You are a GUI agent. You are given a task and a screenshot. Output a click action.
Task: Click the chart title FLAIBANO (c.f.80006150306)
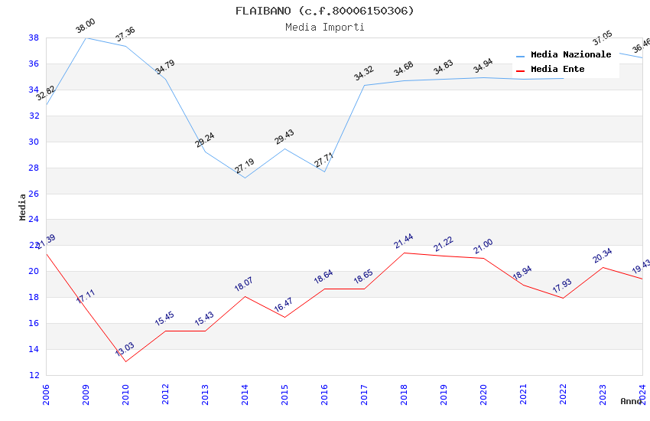click(324, 11)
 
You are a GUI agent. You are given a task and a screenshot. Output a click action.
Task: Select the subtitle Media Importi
click(324, 27)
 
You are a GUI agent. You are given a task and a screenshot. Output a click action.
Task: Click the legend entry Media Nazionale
click(570, 55)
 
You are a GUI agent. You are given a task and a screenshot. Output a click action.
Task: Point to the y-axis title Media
click(23, 207)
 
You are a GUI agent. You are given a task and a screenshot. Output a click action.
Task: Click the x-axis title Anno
click(631, 401)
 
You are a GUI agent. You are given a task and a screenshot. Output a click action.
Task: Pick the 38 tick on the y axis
click(34, 38)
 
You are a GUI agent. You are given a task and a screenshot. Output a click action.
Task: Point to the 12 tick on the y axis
click(34, 375)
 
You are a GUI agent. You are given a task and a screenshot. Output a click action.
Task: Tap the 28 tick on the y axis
click(34, 168)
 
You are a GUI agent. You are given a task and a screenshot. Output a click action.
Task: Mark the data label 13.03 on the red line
click(125, 349)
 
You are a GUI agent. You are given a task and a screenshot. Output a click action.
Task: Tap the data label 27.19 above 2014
click(244, 165)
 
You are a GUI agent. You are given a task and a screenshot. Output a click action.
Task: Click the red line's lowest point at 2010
click(125, 361)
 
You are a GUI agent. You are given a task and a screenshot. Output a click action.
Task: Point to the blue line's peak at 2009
click(86, 38)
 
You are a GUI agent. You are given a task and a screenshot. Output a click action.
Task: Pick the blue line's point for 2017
click(364, 85)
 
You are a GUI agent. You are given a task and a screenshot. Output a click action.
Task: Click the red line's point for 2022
click(563, 298)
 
